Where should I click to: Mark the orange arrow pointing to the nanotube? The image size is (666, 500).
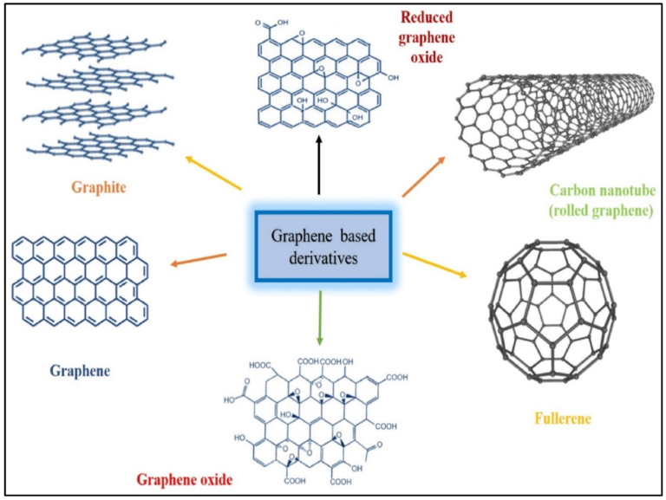(424, 177)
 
